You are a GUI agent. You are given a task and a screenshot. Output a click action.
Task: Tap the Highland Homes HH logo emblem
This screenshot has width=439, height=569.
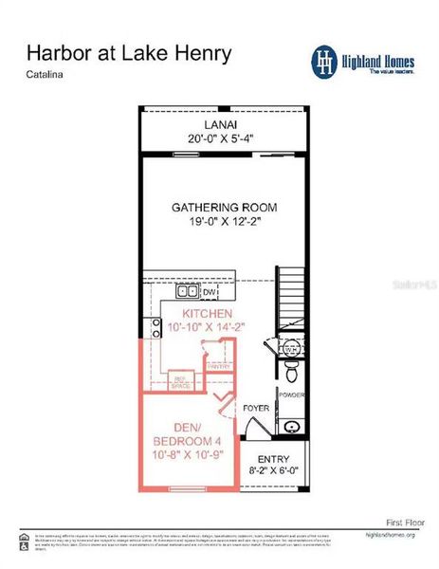325,60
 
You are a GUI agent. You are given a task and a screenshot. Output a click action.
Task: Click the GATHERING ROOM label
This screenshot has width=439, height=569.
224,207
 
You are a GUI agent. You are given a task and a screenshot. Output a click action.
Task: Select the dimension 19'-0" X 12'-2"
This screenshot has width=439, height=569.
224,222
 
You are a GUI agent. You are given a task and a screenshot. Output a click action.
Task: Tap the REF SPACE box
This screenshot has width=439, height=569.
180,382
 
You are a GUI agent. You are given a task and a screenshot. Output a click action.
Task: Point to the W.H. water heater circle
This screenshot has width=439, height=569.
291,349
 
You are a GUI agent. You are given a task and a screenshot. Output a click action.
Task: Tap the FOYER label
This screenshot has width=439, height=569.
257,409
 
